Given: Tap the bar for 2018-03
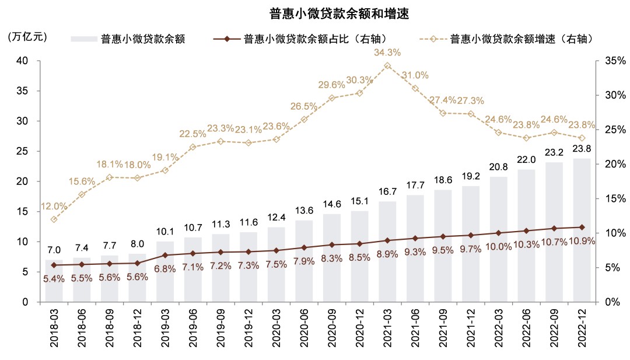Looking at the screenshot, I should [54, 281].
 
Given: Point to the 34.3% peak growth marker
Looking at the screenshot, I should [387, 65].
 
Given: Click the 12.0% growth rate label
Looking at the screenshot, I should [54, 206].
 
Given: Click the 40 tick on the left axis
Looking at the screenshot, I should [22, 61].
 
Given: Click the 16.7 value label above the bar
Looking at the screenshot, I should [387, 191].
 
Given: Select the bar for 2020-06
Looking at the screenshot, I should [304, 261].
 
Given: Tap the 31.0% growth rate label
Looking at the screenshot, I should [415, 75].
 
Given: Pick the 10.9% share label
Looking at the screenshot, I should [582, 241].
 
